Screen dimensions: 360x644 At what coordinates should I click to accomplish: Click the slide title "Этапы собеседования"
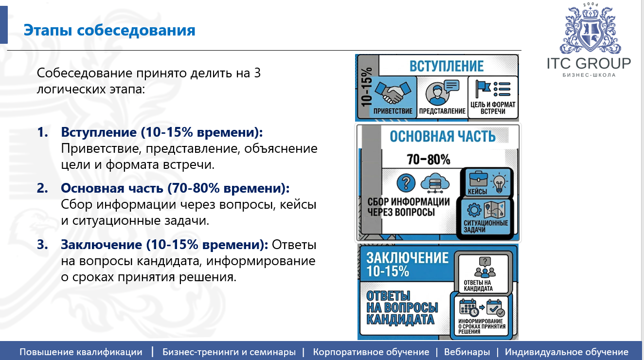click(x=109, y=31)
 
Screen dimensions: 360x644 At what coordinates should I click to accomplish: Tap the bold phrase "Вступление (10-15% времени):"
click(x=162, y=132)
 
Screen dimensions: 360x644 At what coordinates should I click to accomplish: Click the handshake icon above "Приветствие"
click(x=393, y=91)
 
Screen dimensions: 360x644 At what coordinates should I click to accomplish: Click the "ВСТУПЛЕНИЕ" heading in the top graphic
click(x=446, y=66)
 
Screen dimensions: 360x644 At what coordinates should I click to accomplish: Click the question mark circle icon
click(x=406, y=182)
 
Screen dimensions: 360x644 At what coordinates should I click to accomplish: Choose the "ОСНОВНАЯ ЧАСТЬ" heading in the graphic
click(x=442, y=136)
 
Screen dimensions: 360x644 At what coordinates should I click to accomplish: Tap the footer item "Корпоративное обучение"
click(x=371, y=352)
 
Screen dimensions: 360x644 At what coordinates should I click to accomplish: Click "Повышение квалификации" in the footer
click(x=81, y=352)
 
